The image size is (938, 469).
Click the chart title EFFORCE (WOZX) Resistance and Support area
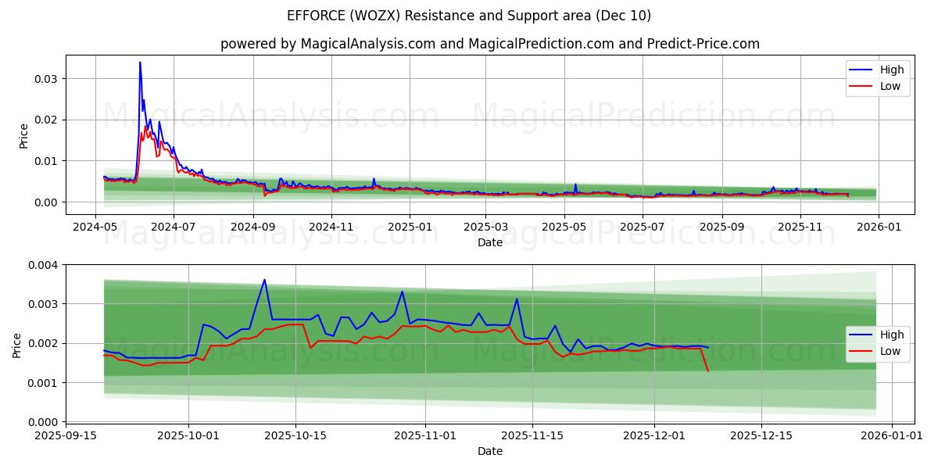(x=469, y=16)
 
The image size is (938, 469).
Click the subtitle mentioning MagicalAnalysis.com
(x=489, y=44)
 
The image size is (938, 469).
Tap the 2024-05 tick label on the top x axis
(x=95, y=226)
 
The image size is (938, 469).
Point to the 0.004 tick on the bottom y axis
(x=44, y=265)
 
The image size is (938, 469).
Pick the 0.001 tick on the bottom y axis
(x=44, y=383)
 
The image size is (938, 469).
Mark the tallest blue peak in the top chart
(x=140, y=63)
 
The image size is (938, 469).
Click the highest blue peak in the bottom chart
(x=264, y=280)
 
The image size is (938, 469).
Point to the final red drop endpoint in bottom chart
(x=708, y=371)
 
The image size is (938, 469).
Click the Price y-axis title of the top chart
(x=23, y=136)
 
